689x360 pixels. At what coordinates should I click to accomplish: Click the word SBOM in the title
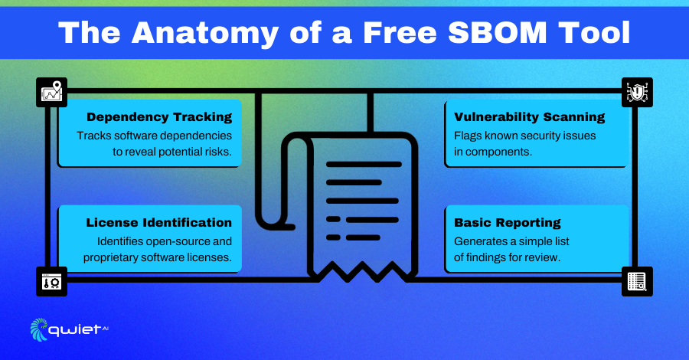[498, 32]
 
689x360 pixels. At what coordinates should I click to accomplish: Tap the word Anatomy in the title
[204, 34]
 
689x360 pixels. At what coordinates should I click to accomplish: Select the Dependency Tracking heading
[159, 117]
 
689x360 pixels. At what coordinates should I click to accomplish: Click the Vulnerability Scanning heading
[530, 117]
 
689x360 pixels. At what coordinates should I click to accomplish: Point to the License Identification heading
[159, 222]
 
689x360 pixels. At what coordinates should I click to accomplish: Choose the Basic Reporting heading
[508, 223]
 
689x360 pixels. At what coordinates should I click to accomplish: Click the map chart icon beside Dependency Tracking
[51, 92]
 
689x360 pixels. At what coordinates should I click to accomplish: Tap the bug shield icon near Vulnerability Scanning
[637, 92]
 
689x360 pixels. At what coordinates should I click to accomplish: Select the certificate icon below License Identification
[51, 281]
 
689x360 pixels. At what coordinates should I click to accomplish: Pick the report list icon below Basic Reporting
[637, 281]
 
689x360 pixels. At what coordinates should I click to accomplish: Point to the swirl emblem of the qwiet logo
[39, 329]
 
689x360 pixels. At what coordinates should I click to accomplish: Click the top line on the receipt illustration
[364, 165]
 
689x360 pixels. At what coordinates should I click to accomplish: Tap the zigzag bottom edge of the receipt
[363, 272]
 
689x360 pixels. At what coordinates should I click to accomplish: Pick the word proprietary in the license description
[109, 257]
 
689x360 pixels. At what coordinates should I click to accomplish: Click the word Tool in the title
[594, 32]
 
